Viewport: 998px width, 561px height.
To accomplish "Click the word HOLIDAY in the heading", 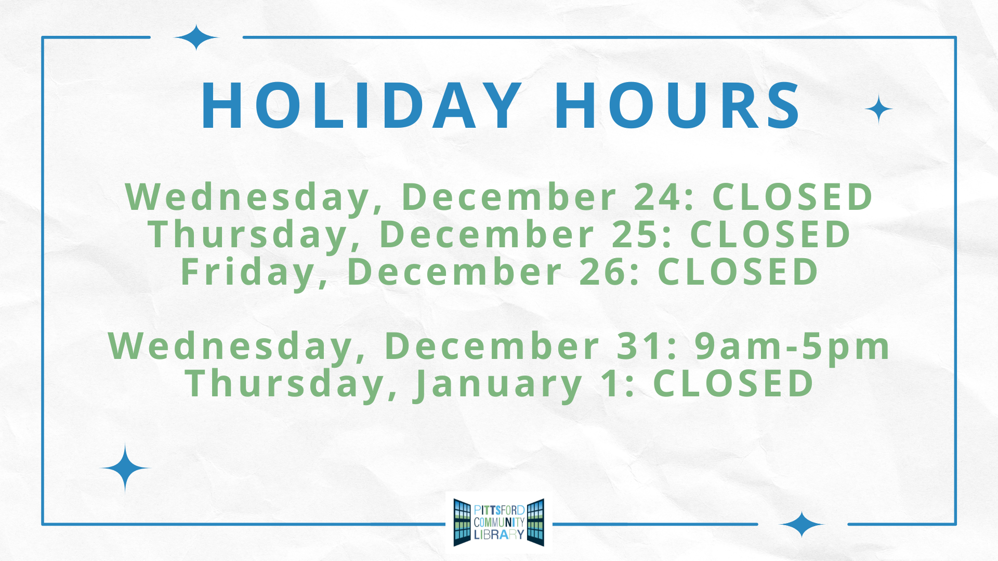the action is click(x=361, y=106).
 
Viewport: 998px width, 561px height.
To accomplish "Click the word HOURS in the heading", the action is click(x=677, y=106).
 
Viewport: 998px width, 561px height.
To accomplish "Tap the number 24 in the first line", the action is click(x=656, y=197).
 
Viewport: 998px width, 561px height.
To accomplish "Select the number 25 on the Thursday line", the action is click(x=634, y=234).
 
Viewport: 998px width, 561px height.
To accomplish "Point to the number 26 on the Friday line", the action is click(x=601, y=272).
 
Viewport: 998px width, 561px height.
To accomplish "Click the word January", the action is click(x=497, y=385).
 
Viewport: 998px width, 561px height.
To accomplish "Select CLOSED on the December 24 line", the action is click(x=792, y=197).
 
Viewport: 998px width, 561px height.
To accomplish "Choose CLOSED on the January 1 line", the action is click(x=733, y=383).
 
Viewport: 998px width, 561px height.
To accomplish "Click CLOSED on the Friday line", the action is click(x=738, y=272).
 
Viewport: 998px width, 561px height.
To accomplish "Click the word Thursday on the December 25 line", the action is click(x=248, y=235).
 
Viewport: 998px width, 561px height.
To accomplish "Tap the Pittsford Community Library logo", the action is click(x=499, y=522).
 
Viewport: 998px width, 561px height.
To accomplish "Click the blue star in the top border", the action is click(x=196, y=37).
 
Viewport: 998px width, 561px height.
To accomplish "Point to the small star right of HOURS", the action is click(x=879, y=109).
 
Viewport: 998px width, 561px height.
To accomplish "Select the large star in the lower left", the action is click(x=125, y=468).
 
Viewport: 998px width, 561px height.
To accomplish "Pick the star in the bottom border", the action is click(x=802, y=524).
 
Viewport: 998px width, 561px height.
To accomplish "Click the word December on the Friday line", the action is click(x=454, y=272).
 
